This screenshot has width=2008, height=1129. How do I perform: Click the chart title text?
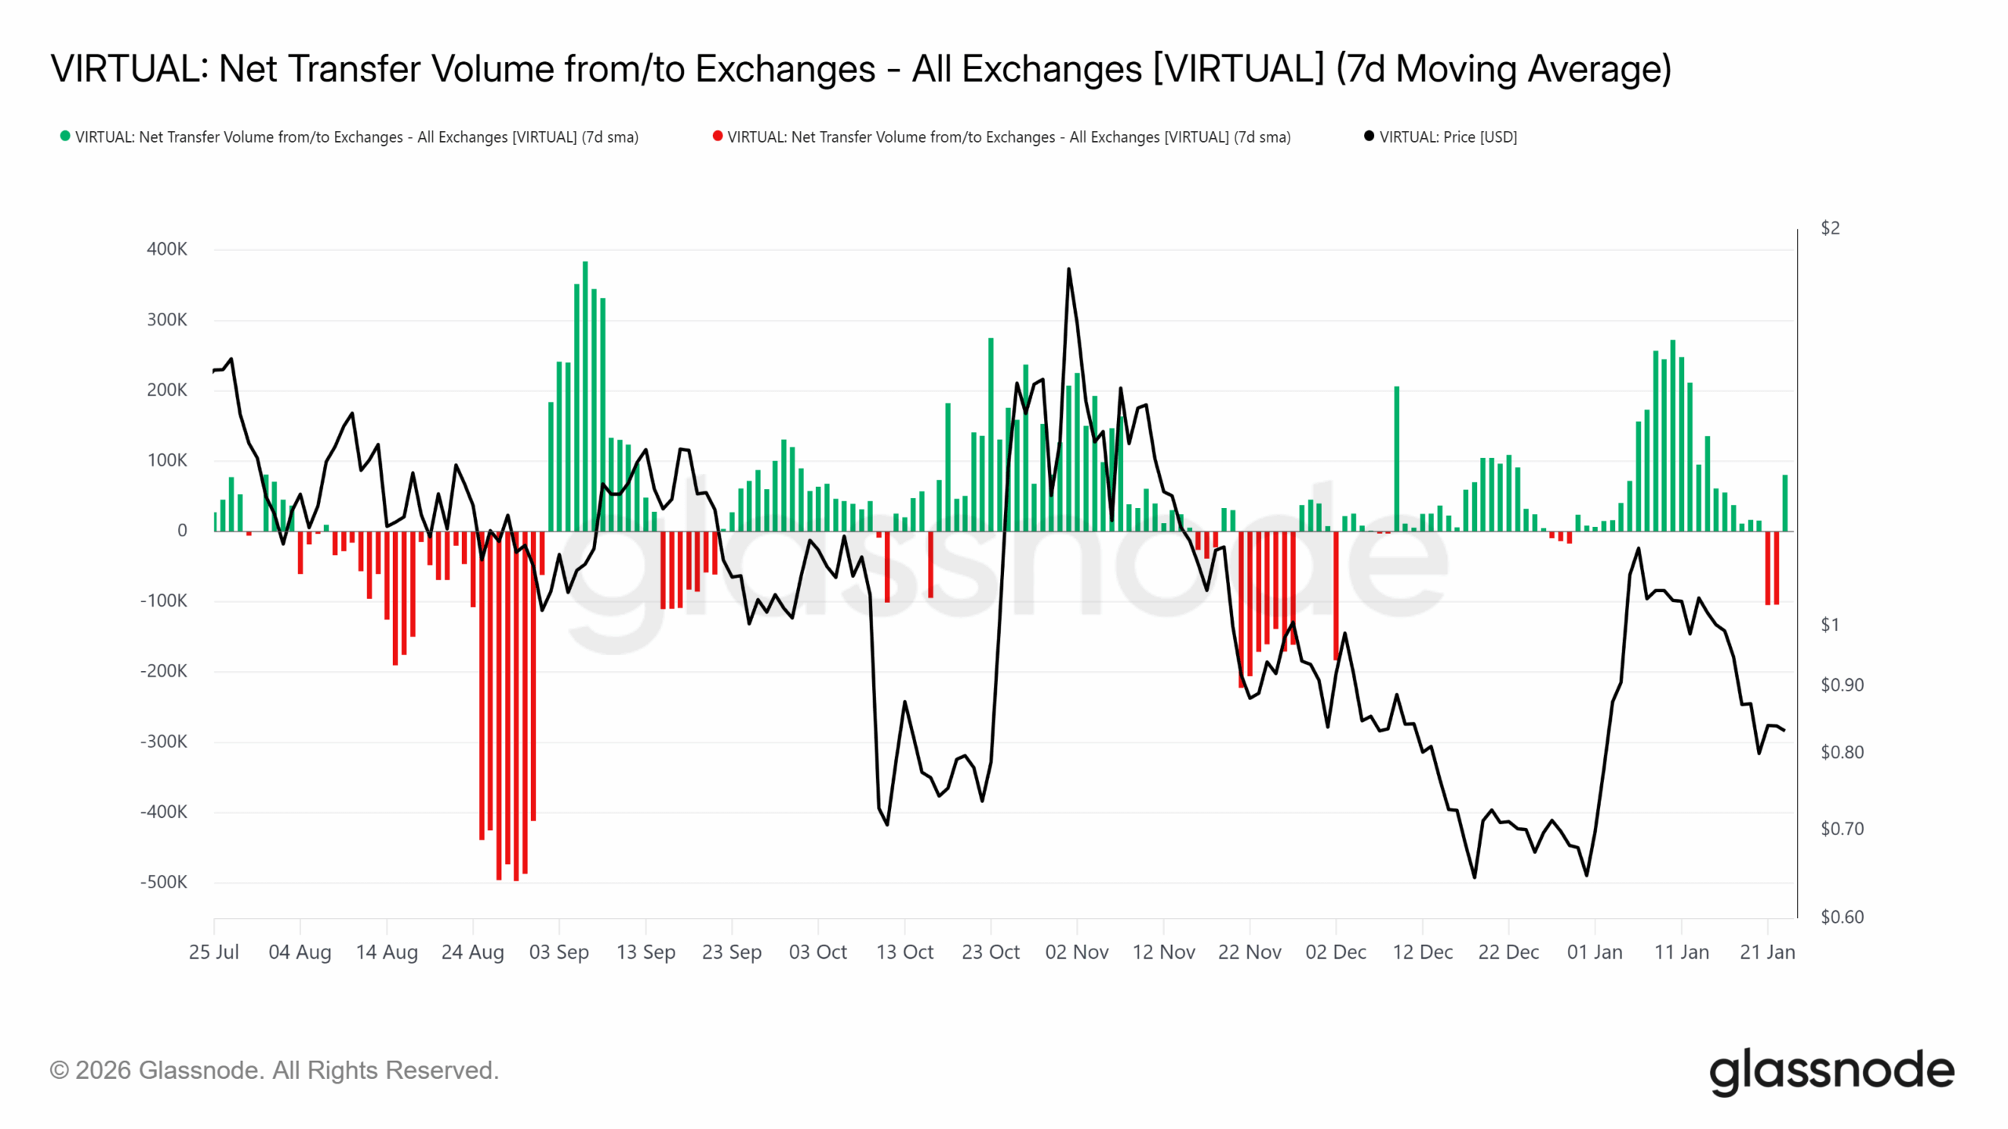point(860,69)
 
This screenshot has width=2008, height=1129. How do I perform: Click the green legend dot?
point(65,136)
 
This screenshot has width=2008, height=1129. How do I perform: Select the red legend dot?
point(717,136)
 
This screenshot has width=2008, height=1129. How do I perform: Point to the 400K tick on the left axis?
point(167,249)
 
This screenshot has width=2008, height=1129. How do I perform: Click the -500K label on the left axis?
point(164,882)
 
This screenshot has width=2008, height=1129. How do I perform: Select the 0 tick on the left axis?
point(182,531)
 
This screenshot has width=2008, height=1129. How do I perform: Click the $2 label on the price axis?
point(1830,228)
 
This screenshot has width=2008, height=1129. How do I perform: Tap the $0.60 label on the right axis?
point(1842,917)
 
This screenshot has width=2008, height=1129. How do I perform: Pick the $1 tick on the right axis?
point(1830,625)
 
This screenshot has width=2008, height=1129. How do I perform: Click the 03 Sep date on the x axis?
point(559,953)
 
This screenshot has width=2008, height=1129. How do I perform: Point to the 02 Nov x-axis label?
point(1077,953)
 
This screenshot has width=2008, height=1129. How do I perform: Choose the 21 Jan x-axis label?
point(1767,953)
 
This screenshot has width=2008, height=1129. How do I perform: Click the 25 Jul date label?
point(214,953)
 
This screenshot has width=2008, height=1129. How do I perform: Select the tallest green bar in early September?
point(585,396)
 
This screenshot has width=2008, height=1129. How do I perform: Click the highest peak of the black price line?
point(1068,269)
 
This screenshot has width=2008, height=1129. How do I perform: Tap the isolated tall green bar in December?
point(1397,459)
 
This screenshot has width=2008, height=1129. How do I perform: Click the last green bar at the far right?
point(1785,503)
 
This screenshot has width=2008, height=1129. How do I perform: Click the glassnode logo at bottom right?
point(1832,1072)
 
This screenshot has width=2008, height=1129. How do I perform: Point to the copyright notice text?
point(275,1071)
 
